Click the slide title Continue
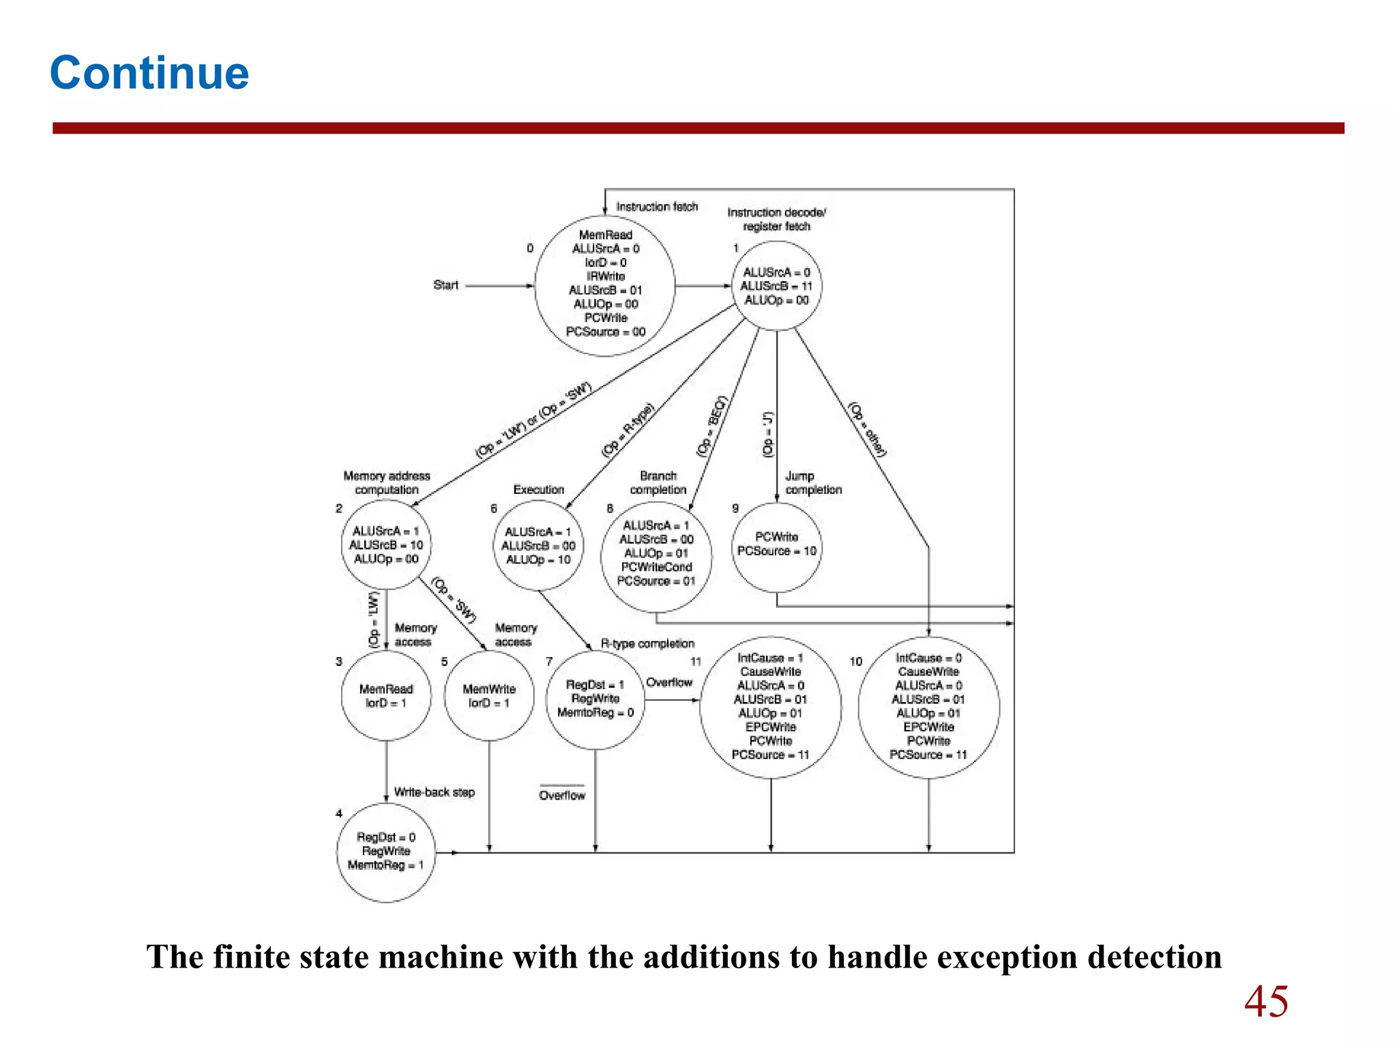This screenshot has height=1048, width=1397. click(x=149, y=72)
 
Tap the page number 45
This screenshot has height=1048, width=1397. click(x=1266, y=1002)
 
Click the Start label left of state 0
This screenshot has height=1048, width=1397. click(x=445, y=285)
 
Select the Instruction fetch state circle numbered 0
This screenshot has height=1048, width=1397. click(x=605, y=285)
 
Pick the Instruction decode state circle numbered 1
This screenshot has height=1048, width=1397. click(x=776, y=286)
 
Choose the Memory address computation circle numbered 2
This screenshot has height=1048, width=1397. click(x=386, y=545)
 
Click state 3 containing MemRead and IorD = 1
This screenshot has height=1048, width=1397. click(x=386, y=696)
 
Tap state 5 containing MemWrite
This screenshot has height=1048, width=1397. click(x=488, y=696)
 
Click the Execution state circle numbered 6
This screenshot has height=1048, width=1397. click(x=538, y=546)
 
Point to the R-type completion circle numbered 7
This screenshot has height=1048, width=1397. click(x=595, y=699)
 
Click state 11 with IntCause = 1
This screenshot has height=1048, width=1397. click(x=771, y=708)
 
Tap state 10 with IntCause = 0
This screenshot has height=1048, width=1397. click(x=928, y=708)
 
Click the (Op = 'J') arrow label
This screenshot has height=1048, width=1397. click(x=769, y=434)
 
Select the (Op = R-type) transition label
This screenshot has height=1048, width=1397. click(x=628, y=430)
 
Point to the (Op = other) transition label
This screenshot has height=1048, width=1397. click(x=867, y=429)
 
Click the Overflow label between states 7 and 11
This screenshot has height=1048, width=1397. click(x=668, y=683)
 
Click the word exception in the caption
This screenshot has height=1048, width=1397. click(x=1009, y=957)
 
